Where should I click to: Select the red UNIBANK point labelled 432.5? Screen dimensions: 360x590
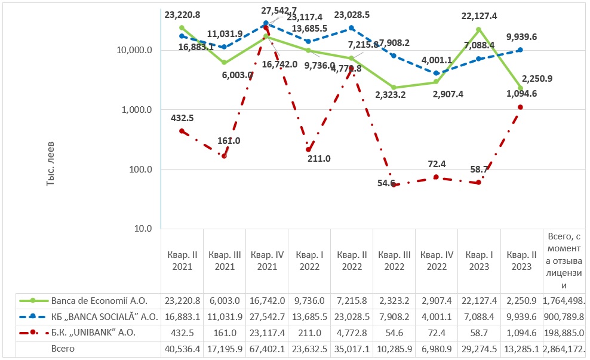[182, 131]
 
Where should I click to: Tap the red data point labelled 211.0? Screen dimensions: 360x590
[309, 149]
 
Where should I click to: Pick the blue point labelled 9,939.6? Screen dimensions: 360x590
[521, 50]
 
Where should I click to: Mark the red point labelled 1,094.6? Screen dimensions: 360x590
[521, 107]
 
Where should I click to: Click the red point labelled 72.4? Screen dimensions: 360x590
[437, 177]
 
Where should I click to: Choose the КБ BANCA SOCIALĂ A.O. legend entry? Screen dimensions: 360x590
[104, 316]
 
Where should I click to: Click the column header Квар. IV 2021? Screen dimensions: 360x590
[267, 260]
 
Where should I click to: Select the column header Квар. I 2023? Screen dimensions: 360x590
[479, 260]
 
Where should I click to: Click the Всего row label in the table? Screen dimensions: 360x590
[62, 349]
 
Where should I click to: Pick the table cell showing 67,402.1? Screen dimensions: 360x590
[267, 349]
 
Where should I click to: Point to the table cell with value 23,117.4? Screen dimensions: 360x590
[267, 333]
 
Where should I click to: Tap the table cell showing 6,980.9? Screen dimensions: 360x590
[437, 349]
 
